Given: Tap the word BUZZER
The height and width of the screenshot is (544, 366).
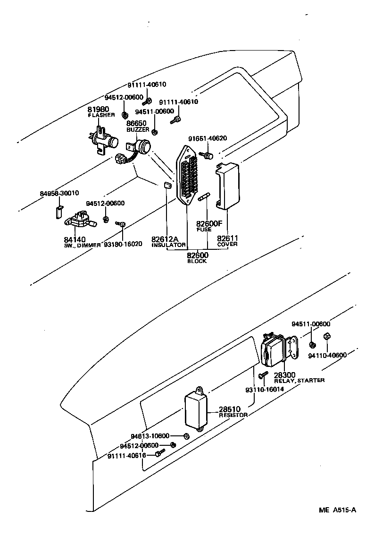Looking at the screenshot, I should point(137,129).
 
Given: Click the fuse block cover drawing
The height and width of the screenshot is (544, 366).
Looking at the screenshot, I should point(228,185).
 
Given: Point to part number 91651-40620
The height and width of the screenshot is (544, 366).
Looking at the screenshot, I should point(207,138).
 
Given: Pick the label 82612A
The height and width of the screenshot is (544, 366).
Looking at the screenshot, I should point(165,239).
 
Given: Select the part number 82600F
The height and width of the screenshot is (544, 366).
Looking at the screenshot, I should point(209,223).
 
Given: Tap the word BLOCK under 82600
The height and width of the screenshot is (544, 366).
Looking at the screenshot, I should point(197,261).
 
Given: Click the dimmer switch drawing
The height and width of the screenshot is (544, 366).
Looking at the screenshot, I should point(81,220).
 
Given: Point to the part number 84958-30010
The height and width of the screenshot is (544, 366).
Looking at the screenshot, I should point(59,193).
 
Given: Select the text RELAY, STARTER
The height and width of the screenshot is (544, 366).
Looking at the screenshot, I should point(299,381).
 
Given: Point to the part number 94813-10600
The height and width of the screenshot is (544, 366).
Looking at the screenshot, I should point(150,436).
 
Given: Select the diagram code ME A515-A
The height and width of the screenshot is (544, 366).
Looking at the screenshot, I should point(336,510).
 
